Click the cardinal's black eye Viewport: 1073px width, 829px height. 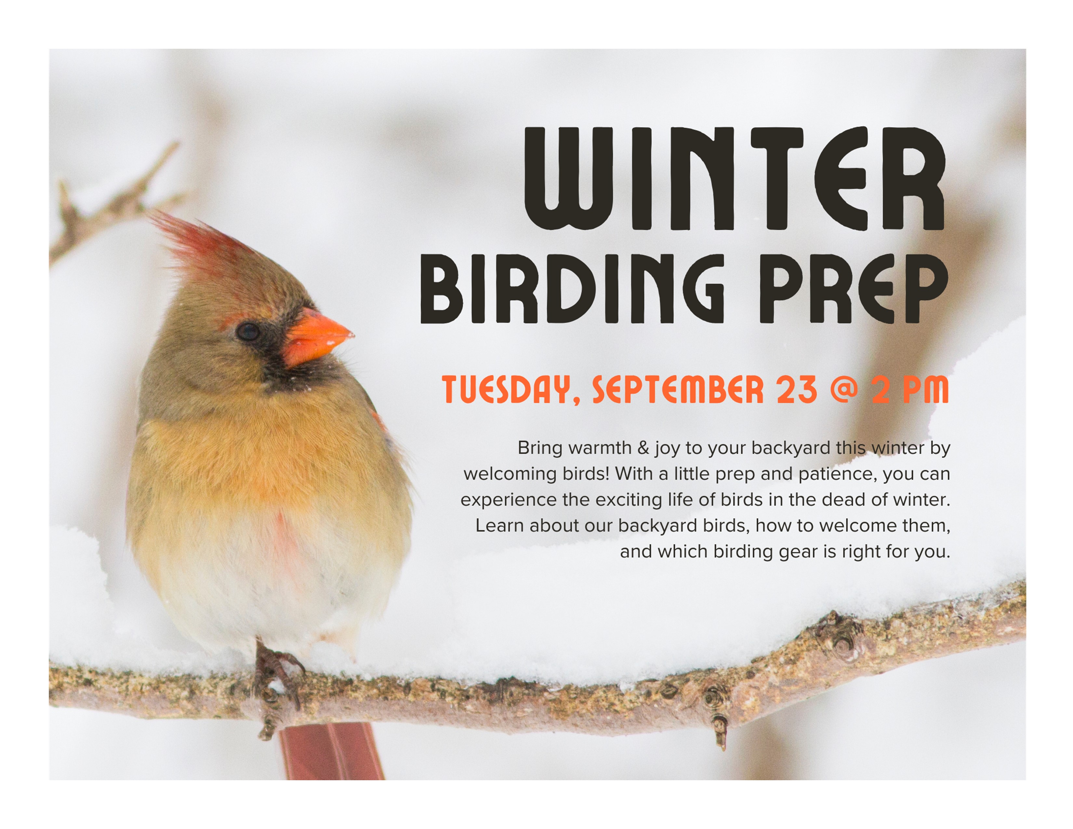click(248, 332)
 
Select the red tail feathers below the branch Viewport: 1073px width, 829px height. click(332, 751)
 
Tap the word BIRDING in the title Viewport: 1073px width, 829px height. click(572, 289)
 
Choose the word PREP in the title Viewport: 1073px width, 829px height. click(854, 289)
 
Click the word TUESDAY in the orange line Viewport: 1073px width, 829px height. click(511, 390)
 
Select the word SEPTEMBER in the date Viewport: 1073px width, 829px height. click(678, 389)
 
